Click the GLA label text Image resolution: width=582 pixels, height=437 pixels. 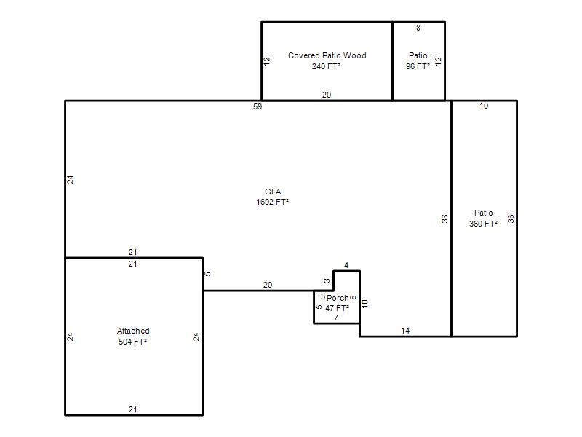(x=273, y=192)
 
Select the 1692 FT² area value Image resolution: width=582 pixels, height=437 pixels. (x=272, y=202)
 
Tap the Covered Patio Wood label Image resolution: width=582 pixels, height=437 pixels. (x=327, y=55)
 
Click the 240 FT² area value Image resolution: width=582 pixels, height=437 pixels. (x=326, y=66)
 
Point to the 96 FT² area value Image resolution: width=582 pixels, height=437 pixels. (x=418, y=66)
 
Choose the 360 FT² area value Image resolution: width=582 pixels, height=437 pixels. (x=483, y=224)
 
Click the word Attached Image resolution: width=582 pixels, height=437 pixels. (x=133, y=331)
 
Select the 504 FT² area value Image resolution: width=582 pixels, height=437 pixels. (x=133, y=342)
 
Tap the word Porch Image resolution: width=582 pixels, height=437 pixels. (x=338, y=298)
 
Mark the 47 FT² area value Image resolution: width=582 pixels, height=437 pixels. (x=337, y=308)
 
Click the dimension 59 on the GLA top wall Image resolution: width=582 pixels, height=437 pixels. (x=258, y=106)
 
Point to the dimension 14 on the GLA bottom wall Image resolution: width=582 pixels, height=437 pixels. (x=405, y=331)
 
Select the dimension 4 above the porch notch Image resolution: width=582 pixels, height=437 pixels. (x=346, y=265)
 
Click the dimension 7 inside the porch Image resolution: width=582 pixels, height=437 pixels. (x=336, y=318)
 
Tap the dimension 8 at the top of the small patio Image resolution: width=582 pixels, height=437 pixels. (x=418, y=28)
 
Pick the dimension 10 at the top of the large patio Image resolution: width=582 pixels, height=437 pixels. (x=484, y=106)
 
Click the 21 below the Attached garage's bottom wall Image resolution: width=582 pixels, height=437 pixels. (x=133, y=409)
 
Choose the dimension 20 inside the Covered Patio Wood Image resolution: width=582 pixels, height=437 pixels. (x=327, y=95)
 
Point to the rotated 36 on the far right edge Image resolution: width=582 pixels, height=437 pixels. (x=511, y=219)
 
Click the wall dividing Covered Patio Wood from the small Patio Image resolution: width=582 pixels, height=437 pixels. (x=393, y=61)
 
